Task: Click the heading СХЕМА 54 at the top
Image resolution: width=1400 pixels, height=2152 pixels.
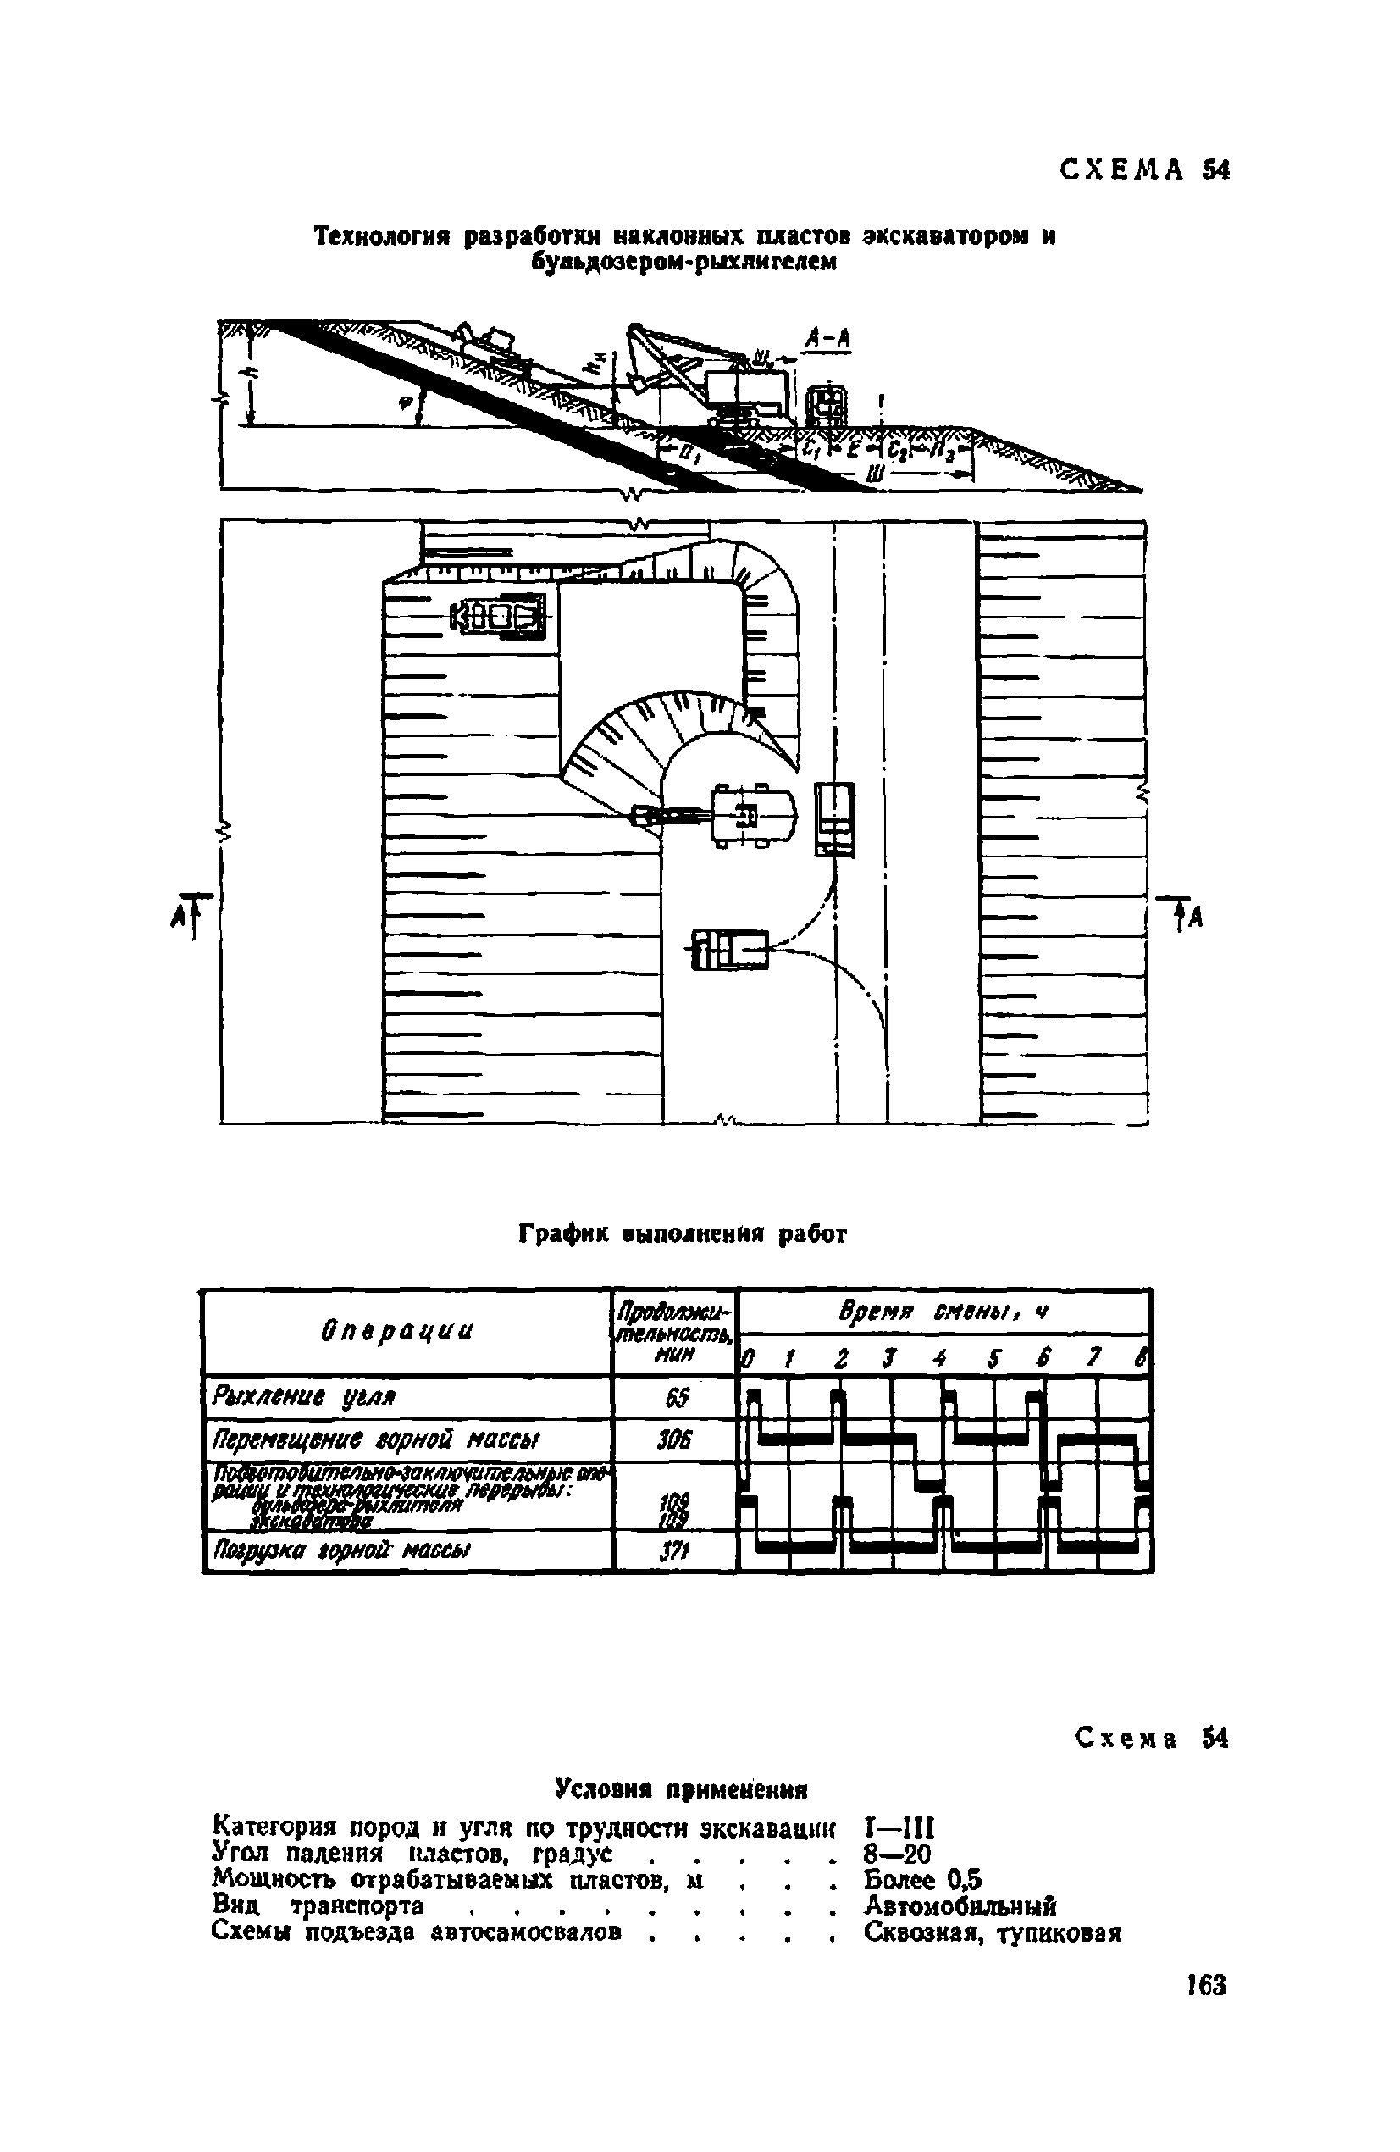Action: click(1143, 170)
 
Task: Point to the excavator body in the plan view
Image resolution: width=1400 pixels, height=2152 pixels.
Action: click(753, 816)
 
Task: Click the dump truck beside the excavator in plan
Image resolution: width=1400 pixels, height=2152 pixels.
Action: click(834, 818)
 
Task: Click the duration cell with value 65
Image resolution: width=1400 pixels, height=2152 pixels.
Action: click(676, 1398)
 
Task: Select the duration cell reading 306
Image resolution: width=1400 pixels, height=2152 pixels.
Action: click(676, 1439)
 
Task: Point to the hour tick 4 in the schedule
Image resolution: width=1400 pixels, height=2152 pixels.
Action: click(940, 1359)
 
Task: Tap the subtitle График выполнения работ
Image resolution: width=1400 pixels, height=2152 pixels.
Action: click(683, 1234)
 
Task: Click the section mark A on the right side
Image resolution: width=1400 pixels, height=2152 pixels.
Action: click(1196, 918)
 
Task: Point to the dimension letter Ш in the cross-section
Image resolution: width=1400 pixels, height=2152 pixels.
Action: click(875, 474)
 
